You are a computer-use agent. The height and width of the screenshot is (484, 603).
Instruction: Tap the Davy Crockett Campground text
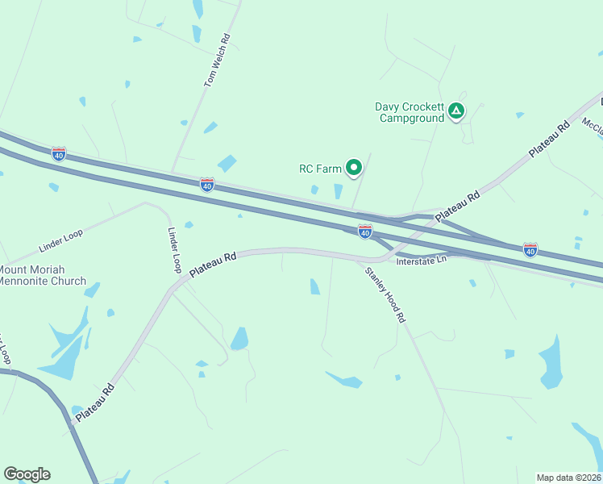coord(410,112)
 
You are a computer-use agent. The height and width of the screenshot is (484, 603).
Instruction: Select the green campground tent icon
coord(456,111)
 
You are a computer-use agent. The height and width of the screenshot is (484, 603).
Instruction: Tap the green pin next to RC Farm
coord(353,168)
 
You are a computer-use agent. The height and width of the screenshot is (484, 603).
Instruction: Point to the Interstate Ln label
coord(421,260)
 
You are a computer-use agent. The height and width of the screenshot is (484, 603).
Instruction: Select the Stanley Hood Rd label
coord(385,294)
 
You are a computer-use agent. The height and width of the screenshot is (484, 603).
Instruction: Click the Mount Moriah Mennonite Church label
coord(43,275)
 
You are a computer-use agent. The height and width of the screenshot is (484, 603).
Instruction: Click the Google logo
coord(27,474)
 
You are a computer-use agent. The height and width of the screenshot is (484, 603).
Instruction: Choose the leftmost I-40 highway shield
coord(58,153)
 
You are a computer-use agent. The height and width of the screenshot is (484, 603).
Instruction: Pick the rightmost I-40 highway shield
coord(530,249)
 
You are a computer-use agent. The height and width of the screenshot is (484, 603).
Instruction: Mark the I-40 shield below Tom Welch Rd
coord(207,185)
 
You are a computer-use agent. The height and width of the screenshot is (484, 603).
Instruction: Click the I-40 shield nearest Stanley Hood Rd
coord(364,232)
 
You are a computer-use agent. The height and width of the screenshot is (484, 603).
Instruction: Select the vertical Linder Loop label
coord(174,249)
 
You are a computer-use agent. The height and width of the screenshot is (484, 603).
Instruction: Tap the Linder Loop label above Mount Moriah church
coord(61,240)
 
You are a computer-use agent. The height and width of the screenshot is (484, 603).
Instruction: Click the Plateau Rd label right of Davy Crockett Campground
coord(549,141)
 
